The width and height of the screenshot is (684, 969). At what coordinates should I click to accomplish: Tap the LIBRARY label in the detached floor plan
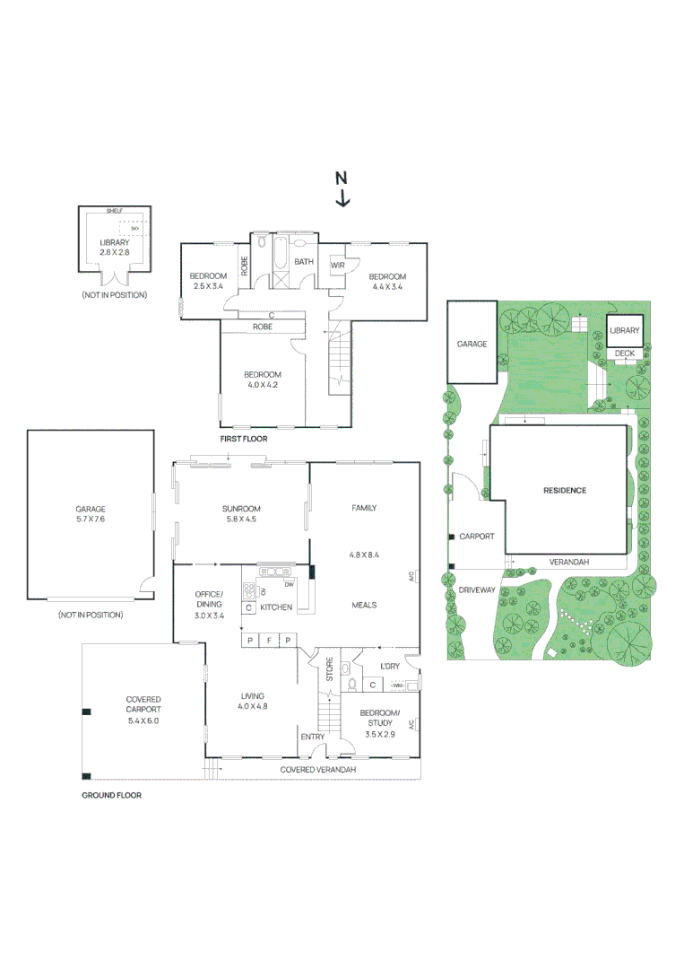(x=115, y=242)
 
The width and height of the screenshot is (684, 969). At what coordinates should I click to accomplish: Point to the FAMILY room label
(x=363, y=508)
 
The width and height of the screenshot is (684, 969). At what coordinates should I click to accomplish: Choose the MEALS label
(x=363, y=605)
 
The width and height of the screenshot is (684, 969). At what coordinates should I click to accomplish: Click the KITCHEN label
(x=276, y=607)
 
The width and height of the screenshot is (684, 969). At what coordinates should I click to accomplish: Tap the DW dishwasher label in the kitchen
(x=289, y=585)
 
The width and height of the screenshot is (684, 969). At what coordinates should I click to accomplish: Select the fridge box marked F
(x=268, y=640)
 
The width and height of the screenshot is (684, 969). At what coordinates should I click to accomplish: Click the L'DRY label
(x=389, y=666)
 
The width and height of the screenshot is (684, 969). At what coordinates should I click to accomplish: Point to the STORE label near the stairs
(x=330, y=671)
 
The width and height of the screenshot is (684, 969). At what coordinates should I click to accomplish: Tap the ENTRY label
(x=313, y=737)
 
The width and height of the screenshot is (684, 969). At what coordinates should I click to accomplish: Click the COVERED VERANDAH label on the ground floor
(x=318, y=770)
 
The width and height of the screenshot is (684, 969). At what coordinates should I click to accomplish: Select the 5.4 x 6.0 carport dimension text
(x=143, y=720)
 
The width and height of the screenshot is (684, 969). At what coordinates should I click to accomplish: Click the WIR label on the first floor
(x=338, y=266)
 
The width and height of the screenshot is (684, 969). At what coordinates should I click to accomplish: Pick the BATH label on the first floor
(x=304, y=262)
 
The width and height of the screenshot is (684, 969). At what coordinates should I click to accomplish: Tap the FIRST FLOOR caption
(x=244, y=440)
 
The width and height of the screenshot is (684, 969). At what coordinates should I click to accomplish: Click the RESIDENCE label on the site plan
(x=565, y=490)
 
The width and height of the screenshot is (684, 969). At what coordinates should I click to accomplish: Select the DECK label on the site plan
(x=624, y=354)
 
